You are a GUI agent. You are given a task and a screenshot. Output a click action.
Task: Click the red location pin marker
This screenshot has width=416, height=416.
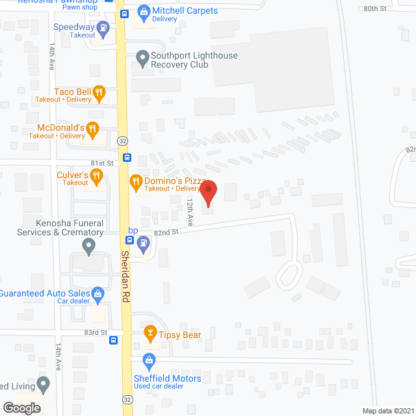pos(208,193)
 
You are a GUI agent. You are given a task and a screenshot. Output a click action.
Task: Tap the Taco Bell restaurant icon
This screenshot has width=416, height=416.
pos(99,92)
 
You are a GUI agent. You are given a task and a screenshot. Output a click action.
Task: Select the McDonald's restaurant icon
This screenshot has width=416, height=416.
pos(93,128)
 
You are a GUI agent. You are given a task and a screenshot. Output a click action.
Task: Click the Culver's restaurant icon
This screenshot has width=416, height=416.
pos(96,175)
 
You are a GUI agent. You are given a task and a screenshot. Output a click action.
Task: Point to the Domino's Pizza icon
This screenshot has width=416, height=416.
pos(136,181)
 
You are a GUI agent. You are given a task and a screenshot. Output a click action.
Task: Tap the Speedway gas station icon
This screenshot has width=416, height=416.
pos(103,27)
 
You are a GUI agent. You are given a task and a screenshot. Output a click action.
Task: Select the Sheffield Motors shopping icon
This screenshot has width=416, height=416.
pos(149,359)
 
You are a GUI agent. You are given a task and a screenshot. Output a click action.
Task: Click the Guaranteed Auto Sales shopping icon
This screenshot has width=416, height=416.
pos(97,294)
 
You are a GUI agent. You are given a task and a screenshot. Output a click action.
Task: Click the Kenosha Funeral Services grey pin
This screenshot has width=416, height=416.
pos(89,246)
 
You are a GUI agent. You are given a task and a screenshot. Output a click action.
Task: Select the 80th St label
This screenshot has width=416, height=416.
pos(374,8)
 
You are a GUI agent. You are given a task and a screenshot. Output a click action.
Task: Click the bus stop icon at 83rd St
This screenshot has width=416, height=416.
pos(114,339)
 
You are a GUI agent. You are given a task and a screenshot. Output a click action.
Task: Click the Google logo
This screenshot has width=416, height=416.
pos(21,408)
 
